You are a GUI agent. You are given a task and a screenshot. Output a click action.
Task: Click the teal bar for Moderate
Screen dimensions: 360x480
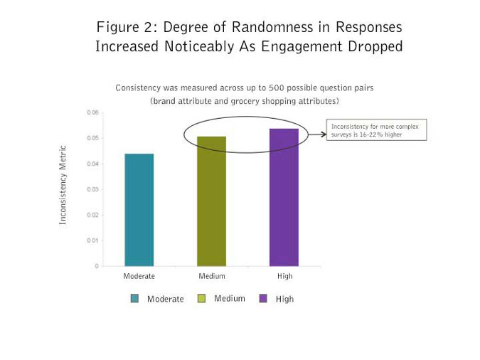(139, 210)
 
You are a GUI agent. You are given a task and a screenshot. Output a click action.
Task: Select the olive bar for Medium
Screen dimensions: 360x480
(211, 201)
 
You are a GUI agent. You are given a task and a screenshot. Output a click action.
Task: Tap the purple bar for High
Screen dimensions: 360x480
(284, 197)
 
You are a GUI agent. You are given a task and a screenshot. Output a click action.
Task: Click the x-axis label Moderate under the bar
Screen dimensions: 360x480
(139, 276)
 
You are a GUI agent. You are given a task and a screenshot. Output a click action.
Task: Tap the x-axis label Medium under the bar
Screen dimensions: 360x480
(211, 276)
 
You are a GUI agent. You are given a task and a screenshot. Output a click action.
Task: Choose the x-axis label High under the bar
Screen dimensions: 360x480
(284, 276)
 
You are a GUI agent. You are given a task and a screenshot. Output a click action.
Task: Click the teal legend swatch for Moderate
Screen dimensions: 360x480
(134, 299)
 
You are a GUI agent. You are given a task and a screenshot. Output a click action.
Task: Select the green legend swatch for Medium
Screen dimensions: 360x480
(201, 299)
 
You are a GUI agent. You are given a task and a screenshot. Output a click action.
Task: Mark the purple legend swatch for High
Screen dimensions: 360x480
(262, 299)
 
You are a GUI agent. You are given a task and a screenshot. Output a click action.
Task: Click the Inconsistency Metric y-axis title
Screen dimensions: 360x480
(63, 185)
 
